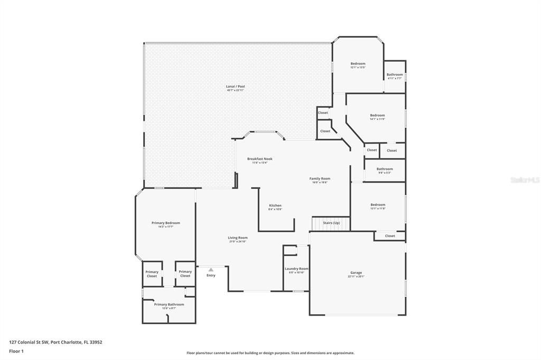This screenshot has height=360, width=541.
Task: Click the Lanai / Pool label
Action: [x=235, y=87]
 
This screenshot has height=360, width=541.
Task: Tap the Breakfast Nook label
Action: [x=260, y=159]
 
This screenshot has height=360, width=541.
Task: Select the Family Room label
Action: [x=320, y=179]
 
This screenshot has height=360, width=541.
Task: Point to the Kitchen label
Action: [x=275, y=205]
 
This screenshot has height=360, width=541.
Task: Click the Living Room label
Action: [x=238, y=238]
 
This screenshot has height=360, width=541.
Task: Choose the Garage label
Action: [x=356, y=273]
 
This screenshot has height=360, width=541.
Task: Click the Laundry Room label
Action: [x=296, y=269]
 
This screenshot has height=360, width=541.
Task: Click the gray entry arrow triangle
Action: [x=211, y=270]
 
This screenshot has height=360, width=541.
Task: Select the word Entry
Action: [x=211, y=275]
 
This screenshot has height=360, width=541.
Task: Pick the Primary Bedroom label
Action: [x=165, y=223]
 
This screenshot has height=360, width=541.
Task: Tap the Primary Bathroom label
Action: [x=169, y=305]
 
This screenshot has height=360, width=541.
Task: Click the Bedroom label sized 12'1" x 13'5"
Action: [x=358, y=64]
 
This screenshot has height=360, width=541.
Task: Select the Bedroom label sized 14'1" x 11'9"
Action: [x=377, y=116]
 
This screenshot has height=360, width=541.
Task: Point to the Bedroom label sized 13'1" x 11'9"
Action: [x=378, y=205]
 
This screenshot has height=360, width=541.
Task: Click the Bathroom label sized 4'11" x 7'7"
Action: [x=395, y=75]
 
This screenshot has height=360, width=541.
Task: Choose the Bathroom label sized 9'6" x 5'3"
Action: [x=385, y=169]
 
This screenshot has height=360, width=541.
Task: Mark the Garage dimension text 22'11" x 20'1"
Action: [x=356, y=277]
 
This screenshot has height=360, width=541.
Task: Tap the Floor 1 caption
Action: [x=16, y=351]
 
